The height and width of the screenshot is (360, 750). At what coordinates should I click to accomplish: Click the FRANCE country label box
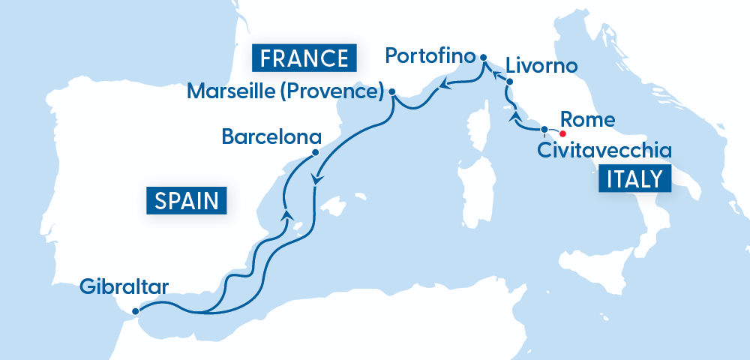coord(304,58)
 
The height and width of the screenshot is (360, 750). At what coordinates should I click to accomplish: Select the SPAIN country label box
coord(187,200)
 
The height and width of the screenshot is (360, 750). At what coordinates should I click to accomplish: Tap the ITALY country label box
coord(633,179)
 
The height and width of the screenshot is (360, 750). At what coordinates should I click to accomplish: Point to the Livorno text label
coord(541,66)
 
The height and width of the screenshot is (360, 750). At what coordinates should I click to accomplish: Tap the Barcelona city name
coord(271,138)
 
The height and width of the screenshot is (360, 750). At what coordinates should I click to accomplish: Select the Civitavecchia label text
coord(604,151)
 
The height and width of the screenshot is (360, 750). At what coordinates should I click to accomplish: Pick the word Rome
coord(588,119)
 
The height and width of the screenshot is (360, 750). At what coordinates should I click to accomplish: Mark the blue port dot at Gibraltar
coord(135,311)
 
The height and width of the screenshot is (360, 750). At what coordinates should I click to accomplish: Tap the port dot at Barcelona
coord(315,152)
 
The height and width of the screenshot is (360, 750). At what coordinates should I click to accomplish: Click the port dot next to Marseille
coord(392,92)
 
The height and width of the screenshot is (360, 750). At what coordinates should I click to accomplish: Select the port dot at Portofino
coord(483,57)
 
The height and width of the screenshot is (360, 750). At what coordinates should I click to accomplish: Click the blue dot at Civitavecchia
coord(544,129)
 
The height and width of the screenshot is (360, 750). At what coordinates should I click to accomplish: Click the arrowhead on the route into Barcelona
coord(286,215)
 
